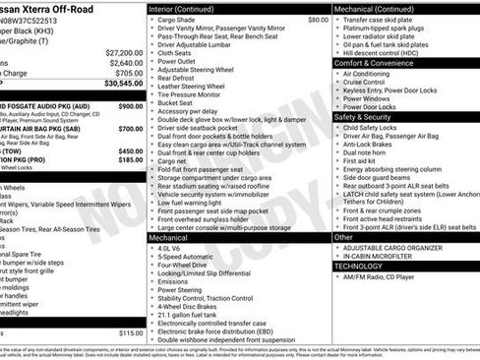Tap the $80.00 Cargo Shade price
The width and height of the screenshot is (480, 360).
[318, 19]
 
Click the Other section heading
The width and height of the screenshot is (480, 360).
[344, 237]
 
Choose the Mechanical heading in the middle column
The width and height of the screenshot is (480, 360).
[172, 237]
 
